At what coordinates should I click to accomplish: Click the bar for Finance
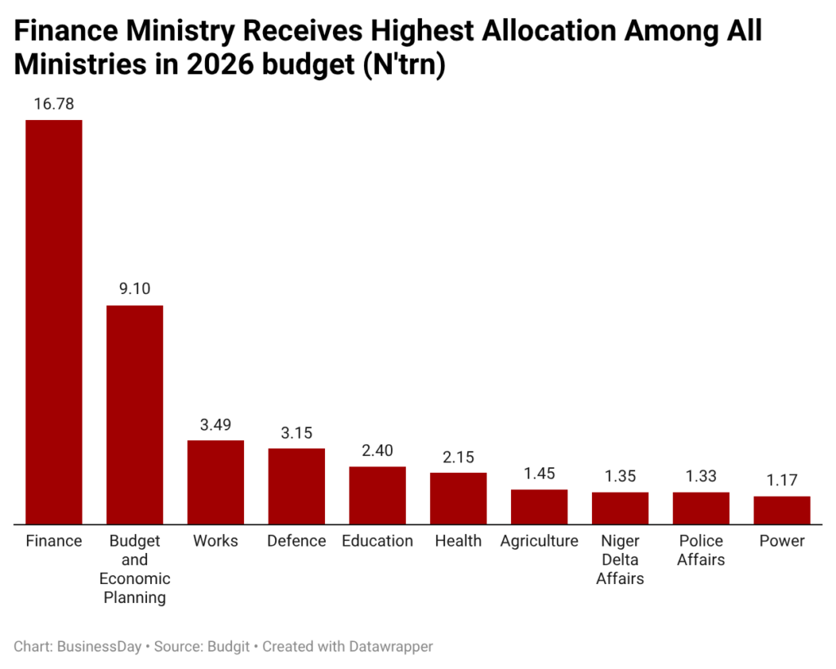54,322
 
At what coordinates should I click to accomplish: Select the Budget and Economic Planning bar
135,414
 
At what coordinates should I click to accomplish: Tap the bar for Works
216,482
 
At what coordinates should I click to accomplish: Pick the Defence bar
296,486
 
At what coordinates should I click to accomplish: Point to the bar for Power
781,510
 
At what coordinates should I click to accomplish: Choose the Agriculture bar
539,506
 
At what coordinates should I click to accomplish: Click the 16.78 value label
54,104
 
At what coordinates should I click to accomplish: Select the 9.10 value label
135,289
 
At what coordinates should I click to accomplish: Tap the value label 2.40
377,450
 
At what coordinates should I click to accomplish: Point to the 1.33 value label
700,476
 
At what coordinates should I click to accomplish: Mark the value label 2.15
458,457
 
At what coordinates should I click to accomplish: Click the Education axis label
377,541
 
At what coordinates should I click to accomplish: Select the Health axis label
458,541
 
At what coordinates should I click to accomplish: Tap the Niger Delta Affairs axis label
620,560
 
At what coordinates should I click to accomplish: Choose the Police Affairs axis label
700,551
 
